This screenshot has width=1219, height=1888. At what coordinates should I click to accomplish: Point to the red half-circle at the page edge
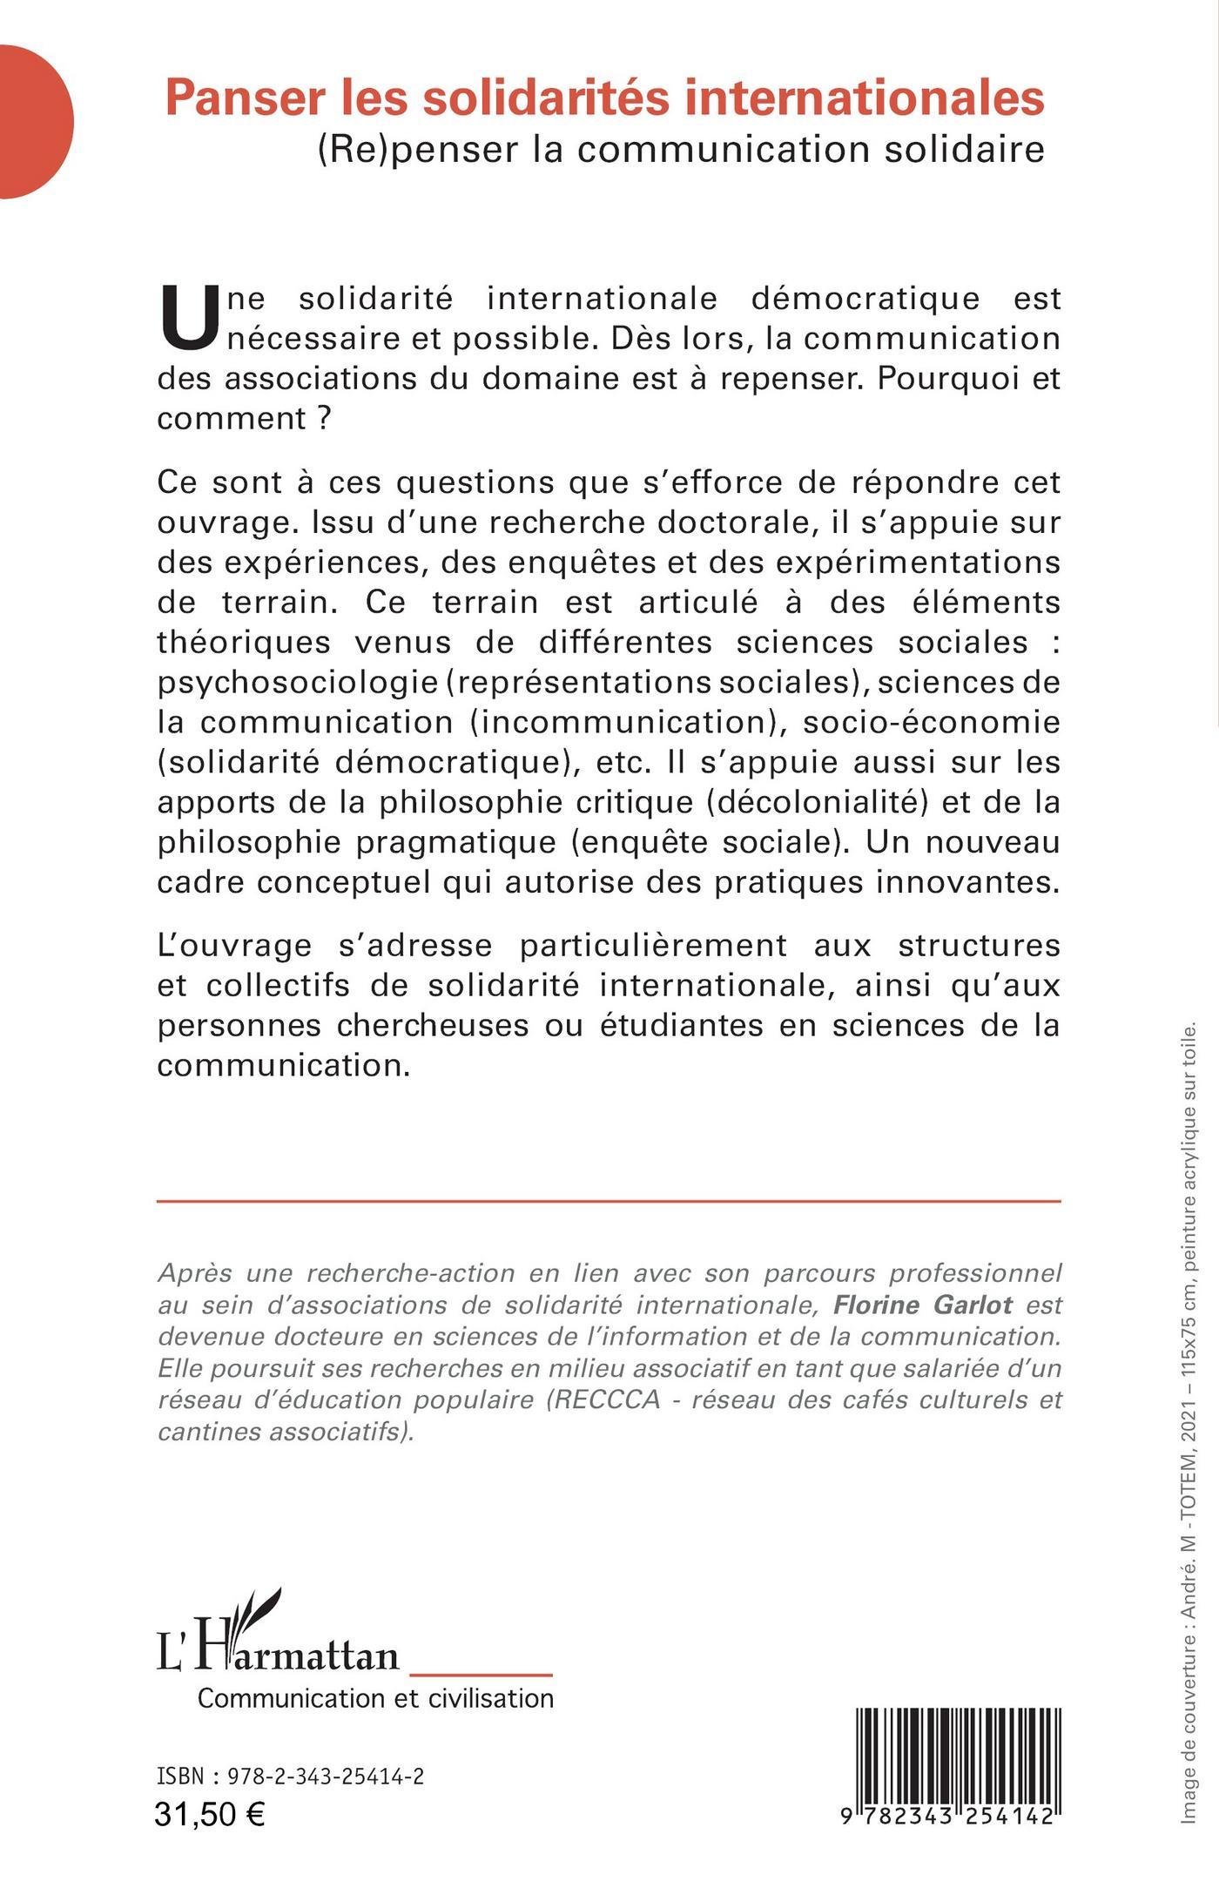pos(35,123)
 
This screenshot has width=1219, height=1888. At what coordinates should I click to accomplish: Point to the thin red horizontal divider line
pos(609,1202)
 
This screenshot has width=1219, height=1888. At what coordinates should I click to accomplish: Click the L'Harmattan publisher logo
pos(279,1641)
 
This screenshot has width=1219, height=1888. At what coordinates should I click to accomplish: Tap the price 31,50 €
pos(210,1815)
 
